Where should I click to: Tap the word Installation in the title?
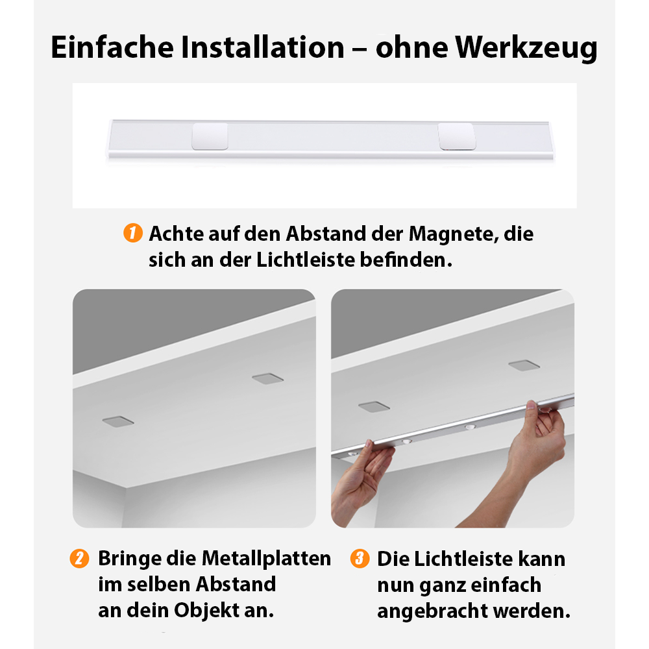262,47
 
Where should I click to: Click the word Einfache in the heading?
112,47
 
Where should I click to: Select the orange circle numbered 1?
133,233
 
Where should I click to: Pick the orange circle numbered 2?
79,558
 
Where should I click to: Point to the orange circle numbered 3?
360,558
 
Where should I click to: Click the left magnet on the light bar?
210,136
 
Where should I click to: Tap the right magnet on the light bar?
457,136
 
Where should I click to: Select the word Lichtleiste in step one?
306,260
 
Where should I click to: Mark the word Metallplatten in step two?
266,559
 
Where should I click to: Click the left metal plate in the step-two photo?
118,421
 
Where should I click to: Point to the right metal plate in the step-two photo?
268,379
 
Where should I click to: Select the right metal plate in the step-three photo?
524,365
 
